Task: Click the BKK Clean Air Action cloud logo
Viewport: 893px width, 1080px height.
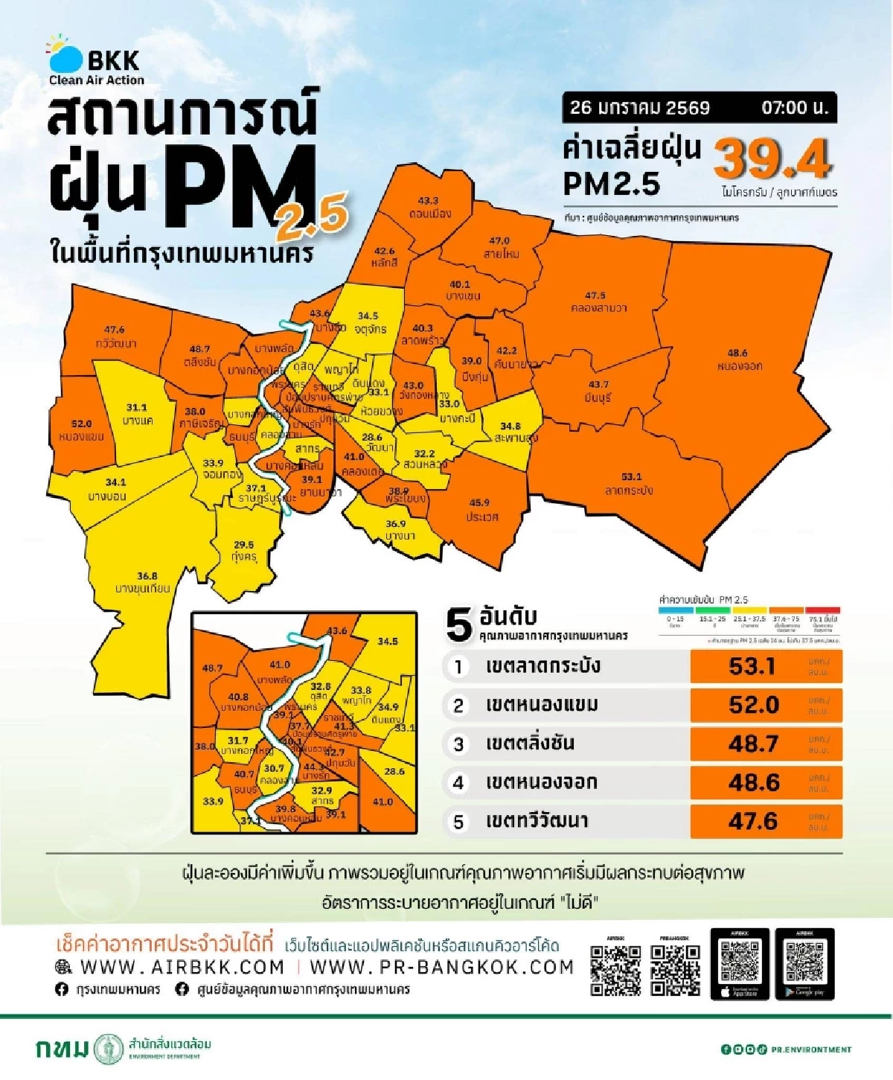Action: tap(65, 54)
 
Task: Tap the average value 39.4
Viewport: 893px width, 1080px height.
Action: tap(772, 158)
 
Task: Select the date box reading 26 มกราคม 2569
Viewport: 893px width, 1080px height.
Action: tap(640, 107)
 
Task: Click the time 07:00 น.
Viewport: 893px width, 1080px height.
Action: tap(794, 107)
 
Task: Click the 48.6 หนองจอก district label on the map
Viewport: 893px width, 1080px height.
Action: tap(738, 360)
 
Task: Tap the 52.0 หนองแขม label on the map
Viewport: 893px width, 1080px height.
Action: tap(81, 430)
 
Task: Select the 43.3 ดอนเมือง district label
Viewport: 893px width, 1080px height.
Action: tap(429, 208)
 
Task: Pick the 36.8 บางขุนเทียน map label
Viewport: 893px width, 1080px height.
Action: tap(144, 582)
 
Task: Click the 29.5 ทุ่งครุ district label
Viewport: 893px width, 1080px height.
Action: tap(243, 551)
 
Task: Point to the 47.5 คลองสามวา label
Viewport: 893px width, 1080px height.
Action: tap(597, 301)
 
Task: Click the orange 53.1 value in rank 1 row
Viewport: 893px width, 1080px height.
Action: tap(753, 666)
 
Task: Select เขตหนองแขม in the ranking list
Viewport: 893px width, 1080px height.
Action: tap(542, 705)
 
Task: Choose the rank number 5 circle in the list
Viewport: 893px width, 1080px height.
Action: tap(459, 822)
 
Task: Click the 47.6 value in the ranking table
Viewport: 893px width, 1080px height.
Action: tap(753, 821)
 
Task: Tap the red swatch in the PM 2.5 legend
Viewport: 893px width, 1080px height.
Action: tap(822, 610)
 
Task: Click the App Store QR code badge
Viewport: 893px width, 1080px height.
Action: tap(740, 964)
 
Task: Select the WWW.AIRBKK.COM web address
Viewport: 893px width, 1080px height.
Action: tap(182, 967)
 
